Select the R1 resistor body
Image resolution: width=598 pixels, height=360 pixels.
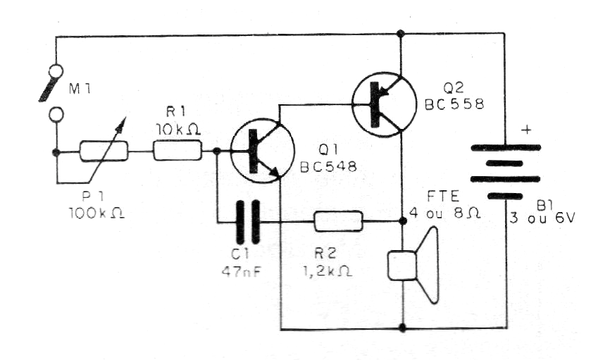177,150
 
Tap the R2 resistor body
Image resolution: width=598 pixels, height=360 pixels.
338,221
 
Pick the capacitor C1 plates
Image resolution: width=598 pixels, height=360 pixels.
247,221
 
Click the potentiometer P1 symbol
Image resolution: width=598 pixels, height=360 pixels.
104,151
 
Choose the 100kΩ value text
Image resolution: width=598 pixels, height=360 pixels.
98,212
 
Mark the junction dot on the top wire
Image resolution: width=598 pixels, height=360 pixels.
401,32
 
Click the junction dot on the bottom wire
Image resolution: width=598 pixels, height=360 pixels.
401,328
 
